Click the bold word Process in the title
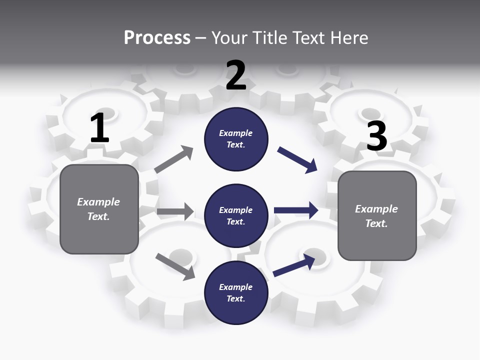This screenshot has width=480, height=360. coord(157,37)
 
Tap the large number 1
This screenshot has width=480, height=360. coord(99,128)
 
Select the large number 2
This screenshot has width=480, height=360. coord(236,75)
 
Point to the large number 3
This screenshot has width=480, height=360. coord(376,136)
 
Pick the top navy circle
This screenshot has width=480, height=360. coord(236,139)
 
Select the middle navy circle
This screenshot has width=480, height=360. coord(236,215)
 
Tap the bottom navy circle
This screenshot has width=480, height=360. coord(236,292)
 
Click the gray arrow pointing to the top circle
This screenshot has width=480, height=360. coord(174,159)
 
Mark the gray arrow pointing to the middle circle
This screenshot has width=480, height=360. coord(175,211)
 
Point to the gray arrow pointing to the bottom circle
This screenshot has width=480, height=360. coord(175,266)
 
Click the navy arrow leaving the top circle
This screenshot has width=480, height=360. coord(297,160)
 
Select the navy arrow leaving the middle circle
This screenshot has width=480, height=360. coord(295,210)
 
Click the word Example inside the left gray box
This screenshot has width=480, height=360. coord(98,202)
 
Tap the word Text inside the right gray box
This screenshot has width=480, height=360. coord(376,223)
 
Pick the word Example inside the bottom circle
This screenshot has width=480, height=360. coord(235,287)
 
